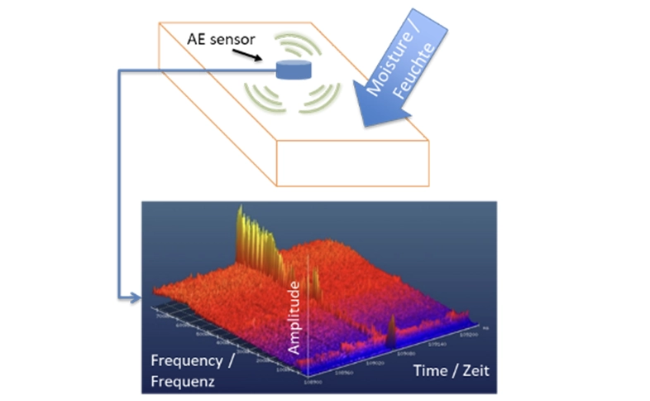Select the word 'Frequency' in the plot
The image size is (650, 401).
coord(187,361)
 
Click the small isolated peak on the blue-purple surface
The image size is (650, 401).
coord(391,333)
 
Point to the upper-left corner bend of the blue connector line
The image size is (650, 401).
coord(121,72)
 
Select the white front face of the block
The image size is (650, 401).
coord(352,162)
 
